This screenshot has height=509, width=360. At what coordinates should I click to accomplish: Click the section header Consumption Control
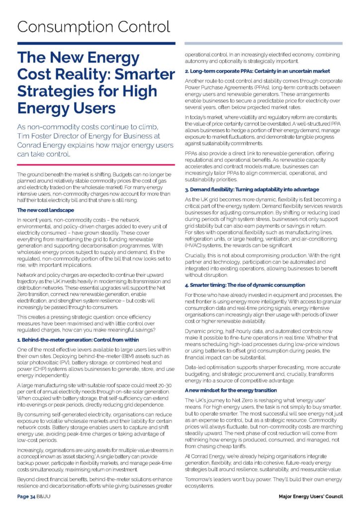click(x=93, y=26)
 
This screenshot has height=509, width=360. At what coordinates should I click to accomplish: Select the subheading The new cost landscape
click(x=46, y=211)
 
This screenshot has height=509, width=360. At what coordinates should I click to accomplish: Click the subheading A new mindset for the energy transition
click(x=238, y=390)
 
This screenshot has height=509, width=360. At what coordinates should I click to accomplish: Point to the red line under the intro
click(x=96, y=164)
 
